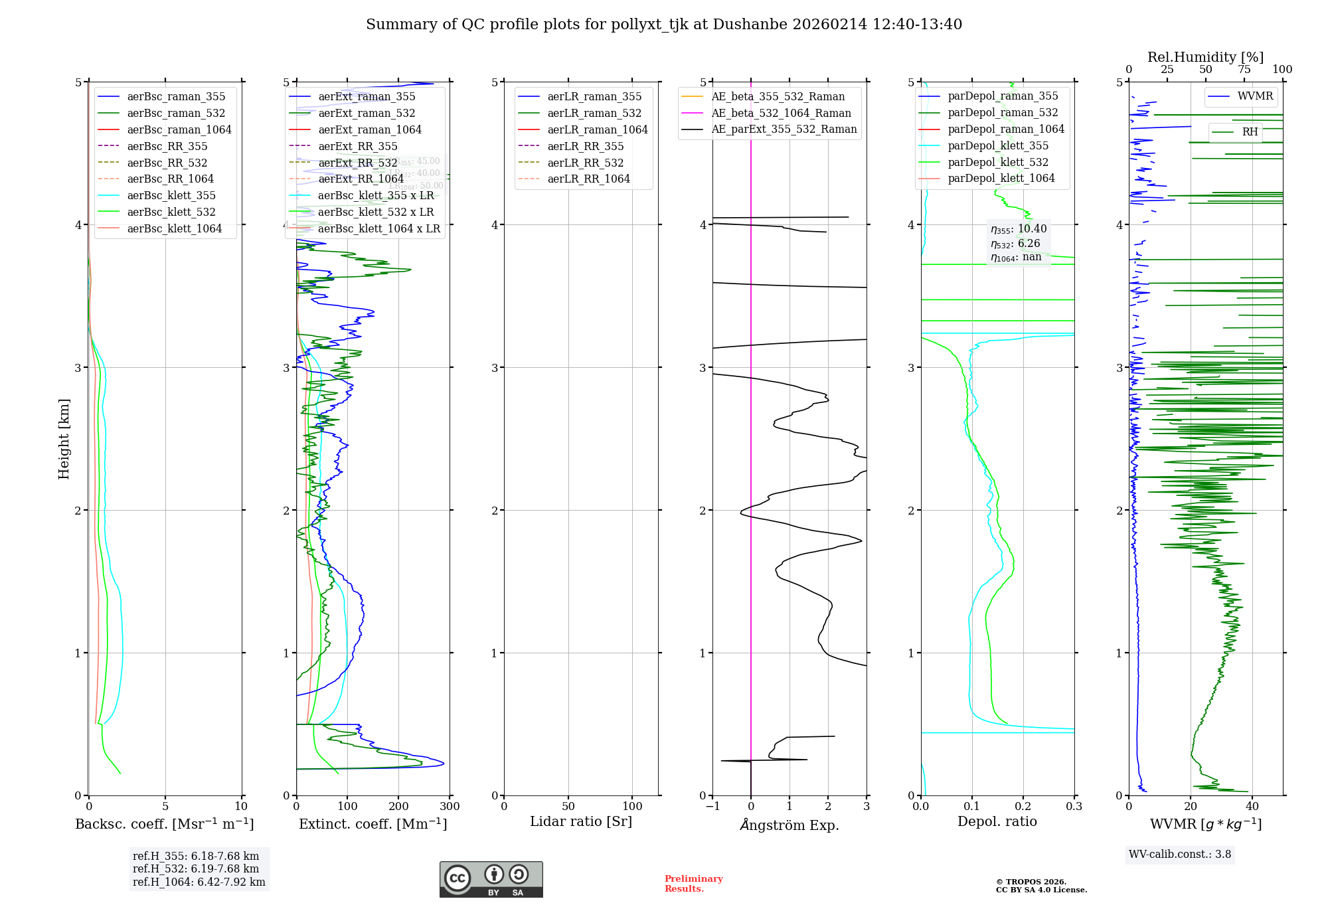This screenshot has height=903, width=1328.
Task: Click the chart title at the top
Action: coord(664,25)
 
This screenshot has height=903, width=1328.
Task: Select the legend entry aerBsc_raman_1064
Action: coord(179,129)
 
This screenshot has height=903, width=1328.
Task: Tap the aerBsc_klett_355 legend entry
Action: coord(171,195)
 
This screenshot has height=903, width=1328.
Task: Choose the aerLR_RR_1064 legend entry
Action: coord(588,179)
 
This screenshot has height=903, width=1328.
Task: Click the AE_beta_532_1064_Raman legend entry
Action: coord(781,113)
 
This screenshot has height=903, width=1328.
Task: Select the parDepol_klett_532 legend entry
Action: coord(997,162)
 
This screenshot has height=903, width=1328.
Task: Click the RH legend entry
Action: coord(1250,132)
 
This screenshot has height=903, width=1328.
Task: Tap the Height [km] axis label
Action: coord(64,438)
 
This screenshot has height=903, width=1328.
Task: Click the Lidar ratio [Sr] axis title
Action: coord(581,821)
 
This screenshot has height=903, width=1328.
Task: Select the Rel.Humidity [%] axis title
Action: coord(1205,57)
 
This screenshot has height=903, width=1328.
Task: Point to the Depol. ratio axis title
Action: coord(997,821)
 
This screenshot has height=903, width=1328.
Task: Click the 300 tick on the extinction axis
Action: coord(450,806)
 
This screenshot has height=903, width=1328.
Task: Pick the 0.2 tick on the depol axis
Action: coord(1023,806)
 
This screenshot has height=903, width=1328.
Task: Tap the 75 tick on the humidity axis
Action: coord(1244,69)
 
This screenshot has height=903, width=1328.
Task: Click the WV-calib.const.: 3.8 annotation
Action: coord(1180,854)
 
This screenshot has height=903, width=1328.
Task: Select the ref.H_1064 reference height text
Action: coord(199,882)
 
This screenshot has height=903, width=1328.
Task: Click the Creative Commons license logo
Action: coord(491,879)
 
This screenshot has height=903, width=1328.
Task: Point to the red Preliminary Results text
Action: coord(693,883)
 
